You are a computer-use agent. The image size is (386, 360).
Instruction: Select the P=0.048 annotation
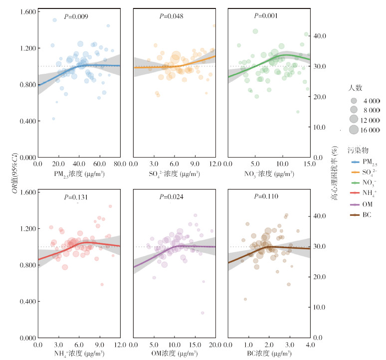172,16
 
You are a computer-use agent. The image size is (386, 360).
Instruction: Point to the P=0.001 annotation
266,16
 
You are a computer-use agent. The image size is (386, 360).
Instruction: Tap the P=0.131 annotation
76,197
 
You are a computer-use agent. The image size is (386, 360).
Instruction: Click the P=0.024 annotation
172,197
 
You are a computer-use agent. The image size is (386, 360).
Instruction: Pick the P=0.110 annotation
266,197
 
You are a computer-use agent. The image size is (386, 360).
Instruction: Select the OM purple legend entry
361,204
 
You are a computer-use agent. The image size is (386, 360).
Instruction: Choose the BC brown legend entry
361,215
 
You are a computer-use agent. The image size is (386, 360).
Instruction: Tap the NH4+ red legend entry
361,193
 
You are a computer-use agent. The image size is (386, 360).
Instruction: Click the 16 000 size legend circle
354,130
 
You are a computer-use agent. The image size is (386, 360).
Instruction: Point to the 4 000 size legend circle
354,100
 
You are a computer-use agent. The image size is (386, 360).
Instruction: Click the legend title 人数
355,88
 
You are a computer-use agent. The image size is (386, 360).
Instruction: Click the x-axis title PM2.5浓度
78,174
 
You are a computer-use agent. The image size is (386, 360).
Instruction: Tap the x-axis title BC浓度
268,355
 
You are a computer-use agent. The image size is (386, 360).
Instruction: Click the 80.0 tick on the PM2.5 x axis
120,165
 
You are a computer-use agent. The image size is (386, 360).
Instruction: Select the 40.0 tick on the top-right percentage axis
319,36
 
